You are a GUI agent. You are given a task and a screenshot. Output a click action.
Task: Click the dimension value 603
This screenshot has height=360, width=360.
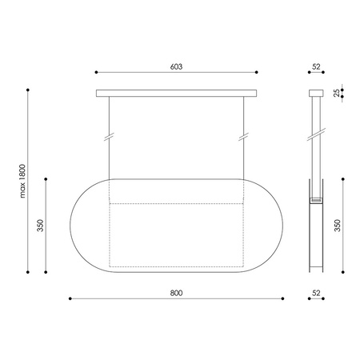pyautogui.click(x=177, y=67)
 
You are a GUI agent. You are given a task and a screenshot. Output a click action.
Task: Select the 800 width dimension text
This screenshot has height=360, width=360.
pyautogui.click(x=177, y=293)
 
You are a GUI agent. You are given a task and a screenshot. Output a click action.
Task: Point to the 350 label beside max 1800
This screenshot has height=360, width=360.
pyautogui.click(x=40, y=226)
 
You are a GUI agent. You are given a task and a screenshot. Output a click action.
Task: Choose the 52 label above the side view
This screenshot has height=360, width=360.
pyautogui.click(x=317, y=67)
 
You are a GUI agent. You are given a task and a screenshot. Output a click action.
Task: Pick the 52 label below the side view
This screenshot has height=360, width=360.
pyautogui.click(x=317, y=293)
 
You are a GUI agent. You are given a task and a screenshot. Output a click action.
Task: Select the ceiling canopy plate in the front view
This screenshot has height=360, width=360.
pyautogui.click(x=177, y=94)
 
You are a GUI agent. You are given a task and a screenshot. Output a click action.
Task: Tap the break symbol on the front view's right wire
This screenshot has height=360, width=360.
pyautogui.click(x=244, y=135)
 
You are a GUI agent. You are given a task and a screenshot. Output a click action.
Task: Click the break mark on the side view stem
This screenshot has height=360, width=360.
pyautogui.click(x=317, y=133)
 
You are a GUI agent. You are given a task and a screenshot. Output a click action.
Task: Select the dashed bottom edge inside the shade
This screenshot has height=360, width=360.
pyautogui.click(x=177, y=266)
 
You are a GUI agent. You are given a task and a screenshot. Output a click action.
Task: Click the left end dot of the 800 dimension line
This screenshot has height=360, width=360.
pyautogui.click(x=70, y=300)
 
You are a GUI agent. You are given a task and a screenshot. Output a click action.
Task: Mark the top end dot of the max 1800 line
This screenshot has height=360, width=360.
pyautogui.click(x=30, y=90)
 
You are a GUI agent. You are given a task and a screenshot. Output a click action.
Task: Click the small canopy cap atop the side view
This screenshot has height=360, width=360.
pyautogui.click(x=317, y=93)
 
